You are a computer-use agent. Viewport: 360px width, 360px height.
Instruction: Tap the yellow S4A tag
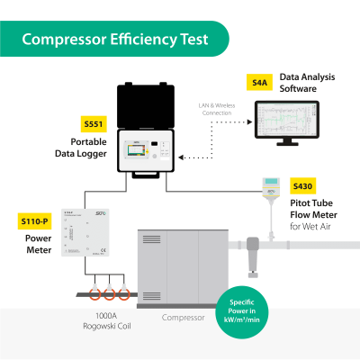(260, 82)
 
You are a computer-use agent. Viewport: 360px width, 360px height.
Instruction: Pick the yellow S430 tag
(302, 186)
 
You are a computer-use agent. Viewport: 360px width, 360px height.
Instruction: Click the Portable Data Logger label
(94, 148)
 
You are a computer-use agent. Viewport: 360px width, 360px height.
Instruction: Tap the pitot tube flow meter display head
(270, 187)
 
